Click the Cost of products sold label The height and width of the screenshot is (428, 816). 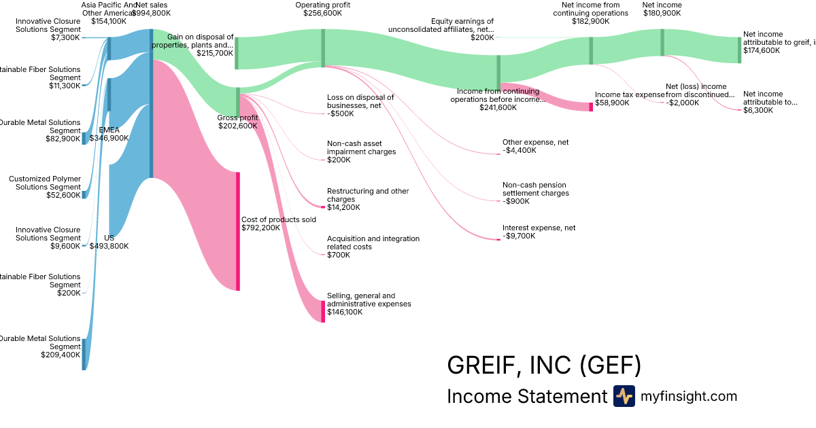point(279,219)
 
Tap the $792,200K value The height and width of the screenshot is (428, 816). point(260,228)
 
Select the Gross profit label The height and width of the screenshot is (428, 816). point(237,118)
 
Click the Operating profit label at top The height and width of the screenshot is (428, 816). point(322,5)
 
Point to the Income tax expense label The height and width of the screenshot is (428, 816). point(630,94)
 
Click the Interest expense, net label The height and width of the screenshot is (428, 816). point(539,228)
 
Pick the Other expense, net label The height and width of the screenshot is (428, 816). point(535,142)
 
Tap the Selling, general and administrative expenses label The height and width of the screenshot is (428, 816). point(369,300)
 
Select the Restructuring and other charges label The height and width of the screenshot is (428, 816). point(368,195)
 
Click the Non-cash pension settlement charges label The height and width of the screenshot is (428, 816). point(535,189)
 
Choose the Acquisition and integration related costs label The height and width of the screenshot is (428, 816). point(373,243)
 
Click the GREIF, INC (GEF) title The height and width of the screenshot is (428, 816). point(544,365)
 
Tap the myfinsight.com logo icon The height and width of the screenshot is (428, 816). point(624,396)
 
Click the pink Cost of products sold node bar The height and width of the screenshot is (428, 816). point(238,231)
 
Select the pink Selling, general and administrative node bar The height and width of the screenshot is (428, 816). point(323,311)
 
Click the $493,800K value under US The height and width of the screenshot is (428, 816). point(109,246)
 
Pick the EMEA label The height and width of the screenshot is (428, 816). point(109,129)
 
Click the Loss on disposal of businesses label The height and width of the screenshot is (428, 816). point(360,101)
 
